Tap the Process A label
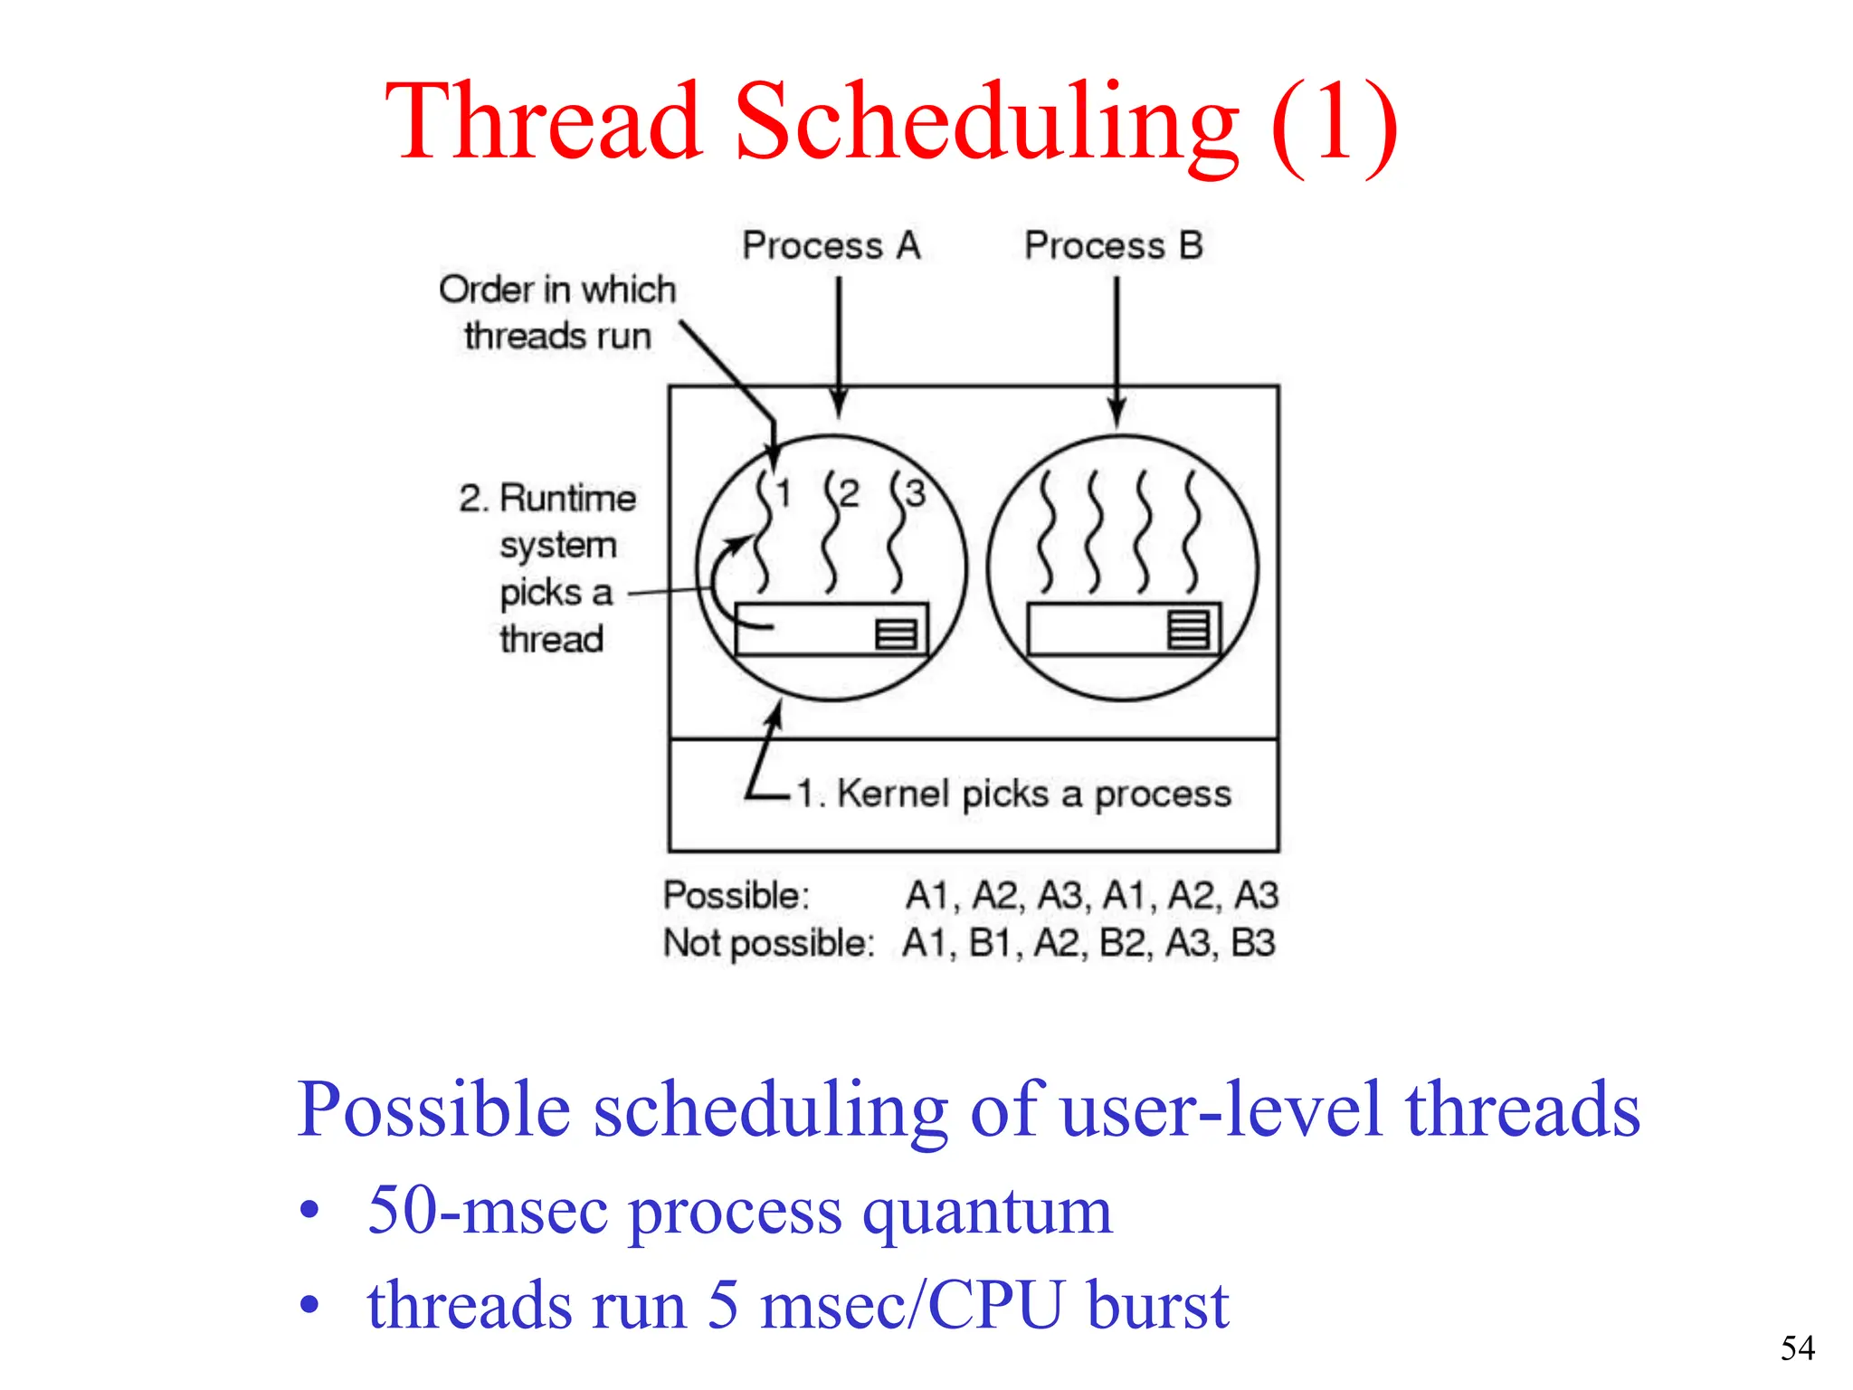coord(831,246)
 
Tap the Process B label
coord(1113,246)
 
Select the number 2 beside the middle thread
coord(849,494)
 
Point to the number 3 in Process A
coord(916,494)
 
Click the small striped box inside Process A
coord(897,633)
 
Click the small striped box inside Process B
coord(1188,629)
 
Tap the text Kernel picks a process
coord(1013,794)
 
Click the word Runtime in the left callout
coord(567,499)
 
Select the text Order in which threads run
coord(557,312)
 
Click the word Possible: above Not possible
coord(736,895)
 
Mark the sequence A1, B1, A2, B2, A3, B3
coord(1088,943)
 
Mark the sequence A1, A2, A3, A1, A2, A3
coord(1091,895)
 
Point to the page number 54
coord(1797,1348)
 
